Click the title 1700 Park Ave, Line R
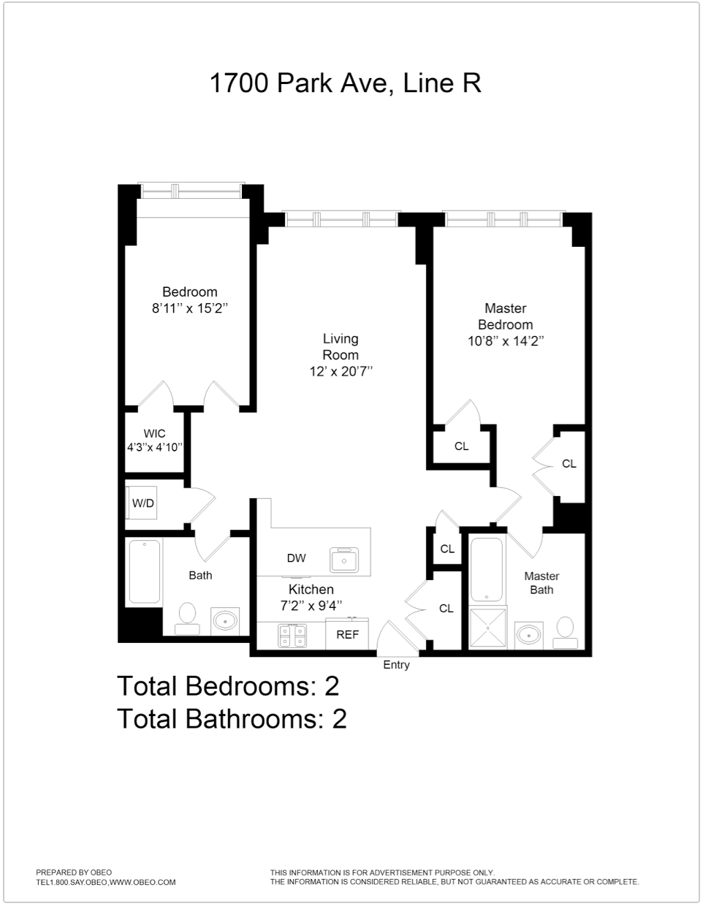[345, 83]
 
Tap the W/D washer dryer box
[142, 503]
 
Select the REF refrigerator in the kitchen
[347, 634]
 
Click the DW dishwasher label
[296, 558]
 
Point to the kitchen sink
[344, 559]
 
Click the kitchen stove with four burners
[292, 635]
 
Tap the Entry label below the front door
[396, 665]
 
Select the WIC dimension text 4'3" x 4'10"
[154, 447]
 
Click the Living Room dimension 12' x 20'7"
[341, 371]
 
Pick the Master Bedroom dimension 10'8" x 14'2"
[506, 340]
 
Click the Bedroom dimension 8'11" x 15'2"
[190, 308]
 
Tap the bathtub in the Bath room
[145, 572]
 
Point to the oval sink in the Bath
[225, 622]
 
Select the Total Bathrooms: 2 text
[232, 719]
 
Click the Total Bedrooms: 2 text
[228, 686]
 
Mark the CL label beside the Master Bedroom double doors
[569, 463]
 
